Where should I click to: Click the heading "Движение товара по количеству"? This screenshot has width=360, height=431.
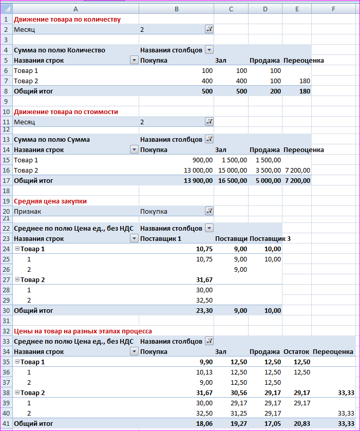pos(67,20)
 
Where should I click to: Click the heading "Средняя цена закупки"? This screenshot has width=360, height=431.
pos(50,201)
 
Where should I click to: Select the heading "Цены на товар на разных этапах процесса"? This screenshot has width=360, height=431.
pos(83,331)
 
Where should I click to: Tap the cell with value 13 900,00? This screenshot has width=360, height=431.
pos(198,180)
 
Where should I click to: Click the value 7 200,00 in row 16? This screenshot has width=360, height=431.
pos(297,170)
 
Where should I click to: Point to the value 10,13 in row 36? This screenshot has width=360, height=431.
pos(204,372)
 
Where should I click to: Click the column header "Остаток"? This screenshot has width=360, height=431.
pos(296,351)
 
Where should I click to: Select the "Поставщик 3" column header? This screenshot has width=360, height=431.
pos(270,238)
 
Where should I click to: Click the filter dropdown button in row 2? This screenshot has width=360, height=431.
pos(209,30)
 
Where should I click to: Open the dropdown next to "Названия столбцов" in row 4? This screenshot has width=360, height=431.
pos(209,50)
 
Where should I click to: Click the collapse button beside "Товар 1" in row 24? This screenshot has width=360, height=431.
pos(17,249)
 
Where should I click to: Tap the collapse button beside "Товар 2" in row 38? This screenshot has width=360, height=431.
pos(17,393)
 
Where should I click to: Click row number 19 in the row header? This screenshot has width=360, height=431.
pos(6,201)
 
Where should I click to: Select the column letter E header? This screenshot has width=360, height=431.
pos(297,9)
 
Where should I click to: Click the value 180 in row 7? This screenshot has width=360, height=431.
pos(304,81)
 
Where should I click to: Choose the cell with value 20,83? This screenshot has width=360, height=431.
pos(300,424)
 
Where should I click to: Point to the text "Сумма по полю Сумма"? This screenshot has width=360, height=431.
pos(52,139)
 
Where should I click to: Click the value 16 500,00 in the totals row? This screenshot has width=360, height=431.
pos(232,180)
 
